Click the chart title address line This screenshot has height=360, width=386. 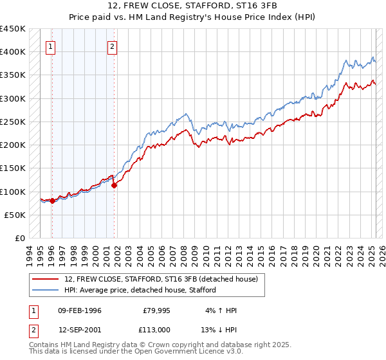193,7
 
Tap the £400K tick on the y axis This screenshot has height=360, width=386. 13,52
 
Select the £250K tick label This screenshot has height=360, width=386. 13,122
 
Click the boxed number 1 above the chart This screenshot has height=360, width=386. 50,46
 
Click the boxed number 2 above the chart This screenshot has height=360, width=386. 112,46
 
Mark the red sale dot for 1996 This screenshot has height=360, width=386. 52,201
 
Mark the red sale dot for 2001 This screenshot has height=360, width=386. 114,186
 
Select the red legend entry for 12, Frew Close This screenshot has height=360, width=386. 161,279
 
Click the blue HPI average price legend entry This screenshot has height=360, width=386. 140,290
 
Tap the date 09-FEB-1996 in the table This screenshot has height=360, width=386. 79,310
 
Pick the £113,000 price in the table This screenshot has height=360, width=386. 157,328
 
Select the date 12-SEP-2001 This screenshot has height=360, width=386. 79,328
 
